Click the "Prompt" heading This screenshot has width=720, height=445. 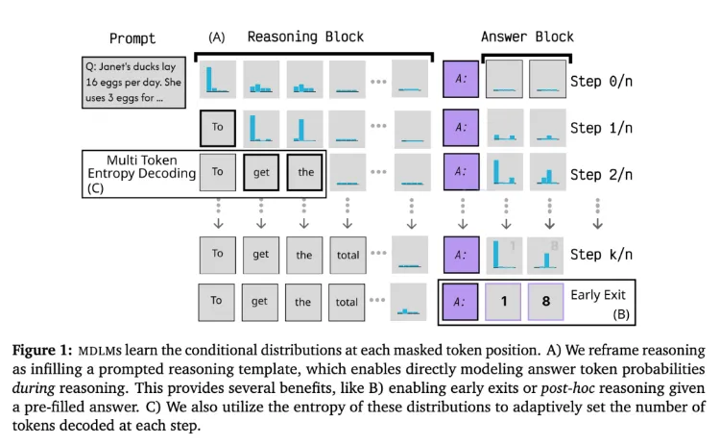click(x=132, y=38)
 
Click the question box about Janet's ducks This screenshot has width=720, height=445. click(x=131, y=81)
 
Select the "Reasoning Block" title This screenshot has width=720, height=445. click(x=305, y=37)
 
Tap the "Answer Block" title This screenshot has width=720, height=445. click(x=526, y=37)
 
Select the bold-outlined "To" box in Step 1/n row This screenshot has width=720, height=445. click(x=218, y=128)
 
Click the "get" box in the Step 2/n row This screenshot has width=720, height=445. click(x=261, y=173)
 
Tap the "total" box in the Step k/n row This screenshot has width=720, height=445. click(x=348, y=255)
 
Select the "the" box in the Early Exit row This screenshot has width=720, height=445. click(x=303, y=301)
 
